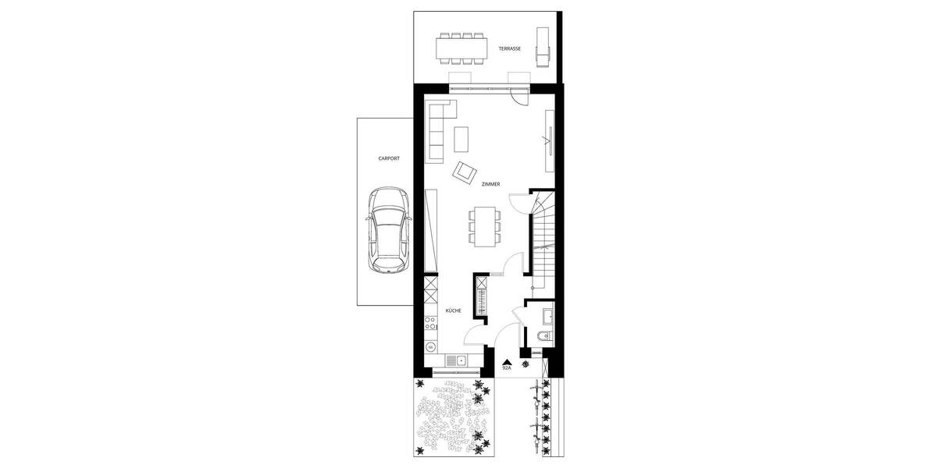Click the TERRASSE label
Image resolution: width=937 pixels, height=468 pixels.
pyautogui.click(x=510, y=48)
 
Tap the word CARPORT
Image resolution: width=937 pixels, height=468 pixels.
pyautogui.click(x=388, y=158)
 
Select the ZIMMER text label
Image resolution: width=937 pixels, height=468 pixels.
pyautogui.click(x=490, y=184)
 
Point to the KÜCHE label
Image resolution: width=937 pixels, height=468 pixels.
pyautogui.click(x=453, y=310)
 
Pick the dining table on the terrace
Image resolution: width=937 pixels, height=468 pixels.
pyautogui.click(x=461, y=48)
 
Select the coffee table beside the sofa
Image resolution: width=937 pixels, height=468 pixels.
pyautogui.click(x=461, y=139)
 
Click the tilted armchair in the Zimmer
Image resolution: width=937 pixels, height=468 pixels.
pyautogui.click(x=466, y=171)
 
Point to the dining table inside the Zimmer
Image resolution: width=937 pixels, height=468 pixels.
pyautogui.click(x=485, y=225)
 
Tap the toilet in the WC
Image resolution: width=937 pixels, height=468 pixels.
pyautogui.click(x=544, y=336)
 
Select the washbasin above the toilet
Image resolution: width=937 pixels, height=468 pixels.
pyautogui.click(x=547, y=315)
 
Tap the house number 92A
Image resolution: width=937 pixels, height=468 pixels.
pyautogui.click(x=506, y=367)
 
